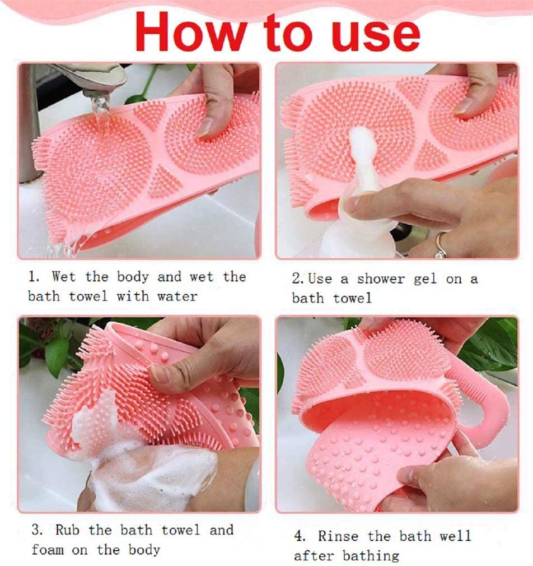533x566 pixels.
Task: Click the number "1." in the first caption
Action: click(34, 276)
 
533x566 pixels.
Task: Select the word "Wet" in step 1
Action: click(63, 276)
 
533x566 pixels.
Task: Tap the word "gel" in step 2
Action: click(426, 279)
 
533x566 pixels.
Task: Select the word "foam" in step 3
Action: click(47, 549)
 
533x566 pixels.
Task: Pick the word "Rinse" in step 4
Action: click(338, 536)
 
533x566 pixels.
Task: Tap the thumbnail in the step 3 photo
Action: click(161, 373)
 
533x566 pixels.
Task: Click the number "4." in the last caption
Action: click(301, 536)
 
